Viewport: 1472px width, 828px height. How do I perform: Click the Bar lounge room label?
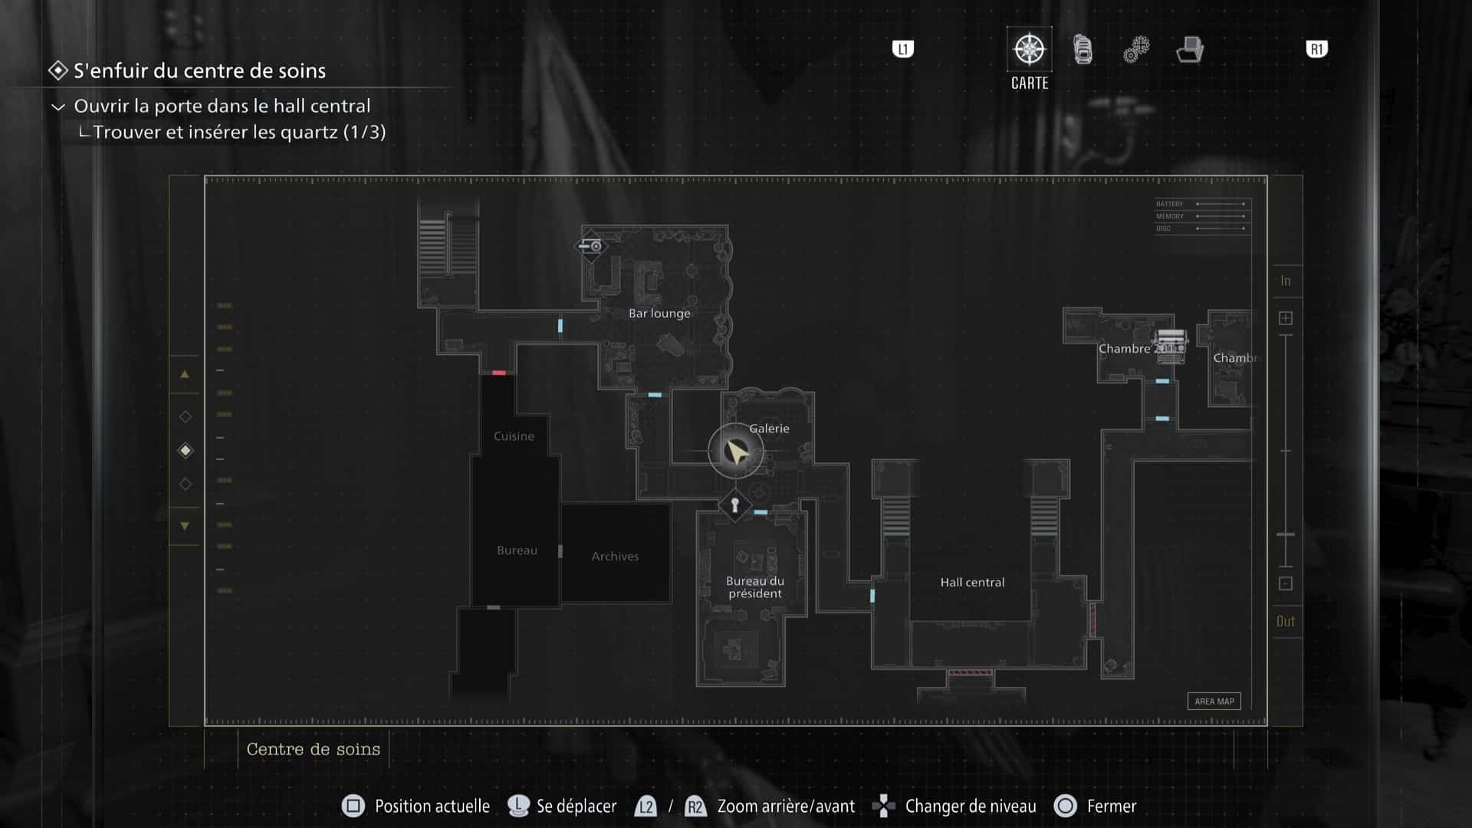[x=659, y=313]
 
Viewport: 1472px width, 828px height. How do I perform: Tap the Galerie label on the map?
[x=769, y=429]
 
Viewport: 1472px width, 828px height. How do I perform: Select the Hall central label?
[x=972, y=582]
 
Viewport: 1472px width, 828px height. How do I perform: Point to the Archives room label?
[x=615, y=556]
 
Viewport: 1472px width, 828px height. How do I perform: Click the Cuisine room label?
[x=514, y=436]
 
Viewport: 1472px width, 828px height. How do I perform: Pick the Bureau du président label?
[x=755, y=587]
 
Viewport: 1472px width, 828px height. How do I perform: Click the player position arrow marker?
[x=736, y=452]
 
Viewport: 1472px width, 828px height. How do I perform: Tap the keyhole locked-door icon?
[x=734, y=505]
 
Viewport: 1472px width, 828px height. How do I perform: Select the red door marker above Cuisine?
[x=499, y=373]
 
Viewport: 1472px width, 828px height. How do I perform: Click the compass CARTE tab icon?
[x=1029, y=50]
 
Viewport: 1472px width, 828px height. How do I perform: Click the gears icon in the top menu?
[x=1136, y=50]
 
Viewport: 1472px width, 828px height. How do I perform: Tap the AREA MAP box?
[x=1214, y=701]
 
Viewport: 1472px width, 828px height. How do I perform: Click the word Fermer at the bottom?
[x=1112, y=806]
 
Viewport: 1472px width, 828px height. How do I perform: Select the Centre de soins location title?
[x=313, y=749]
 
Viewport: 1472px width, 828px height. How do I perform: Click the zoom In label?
[x=1286, y=281]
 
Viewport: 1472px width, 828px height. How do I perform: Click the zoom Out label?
[x=1286, y=621]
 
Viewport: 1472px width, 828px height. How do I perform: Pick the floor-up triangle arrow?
[x=185, y=375]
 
